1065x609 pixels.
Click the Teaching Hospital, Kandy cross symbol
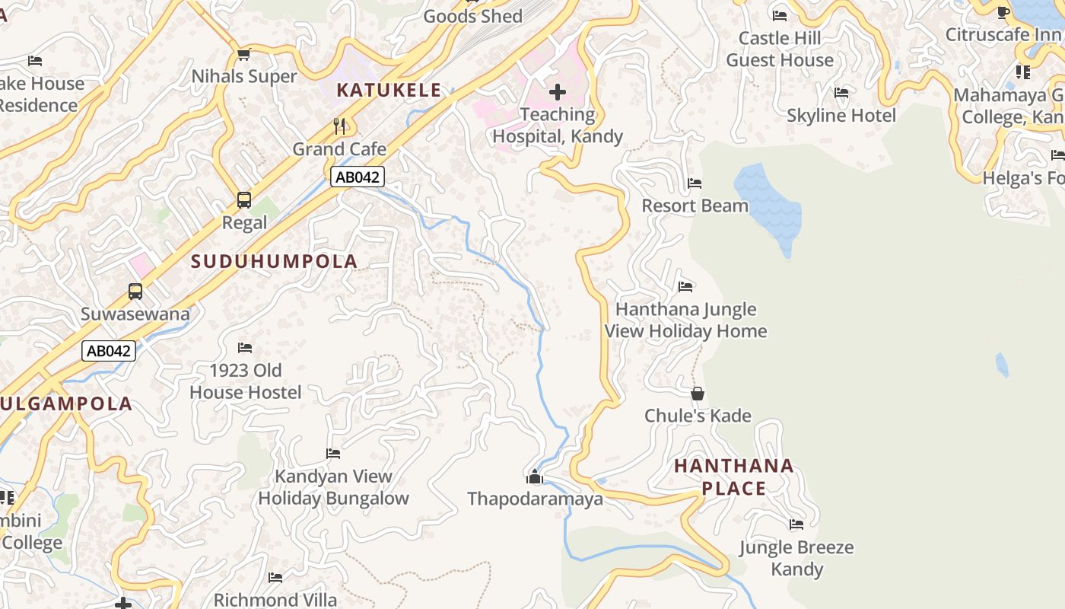pyautogui.click(x=557, y=92)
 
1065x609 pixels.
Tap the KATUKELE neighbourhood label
pyautogui.click(x=389, y=90)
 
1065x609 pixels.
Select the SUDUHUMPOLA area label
pyautogui.click(x=274, y=261)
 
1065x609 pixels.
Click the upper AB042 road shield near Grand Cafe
pyautogui.click(x=358, y=177)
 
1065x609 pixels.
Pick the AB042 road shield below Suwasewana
pyautogui.click(x=109, y=351)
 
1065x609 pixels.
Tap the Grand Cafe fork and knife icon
pyautogui.click(x=339, y=126)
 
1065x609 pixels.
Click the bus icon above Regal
pyautogui.click(x=244, y=200)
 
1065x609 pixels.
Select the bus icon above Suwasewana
pyautogui.click(x=135, y=292)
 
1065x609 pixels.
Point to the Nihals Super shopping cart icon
pyautogui.click(x=244, y=54)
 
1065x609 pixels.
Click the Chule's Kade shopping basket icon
pyautogui.click(x=698, y=394)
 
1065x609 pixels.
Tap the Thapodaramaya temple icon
pyautogui.click(x=535, y=477)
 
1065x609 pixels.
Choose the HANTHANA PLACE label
pyautogui.click(x=734, y=477)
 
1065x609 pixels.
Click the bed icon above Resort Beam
pyautogui.click(x=695, y=183)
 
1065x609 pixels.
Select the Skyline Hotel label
pyautogui.click(x=841, y=116)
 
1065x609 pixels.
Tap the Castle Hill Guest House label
pyautogui.click(x=780, y=49)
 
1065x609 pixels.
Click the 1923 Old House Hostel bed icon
pyautogui.click(x=245, y=348)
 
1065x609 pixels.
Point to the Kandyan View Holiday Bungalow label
pyautogui.click(x=333, y=487)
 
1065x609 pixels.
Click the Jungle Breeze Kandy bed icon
pyautogui.click(x=796, y=525)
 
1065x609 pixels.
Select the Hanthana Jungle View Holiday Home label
pyautogui.click(x=685, y=320)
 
